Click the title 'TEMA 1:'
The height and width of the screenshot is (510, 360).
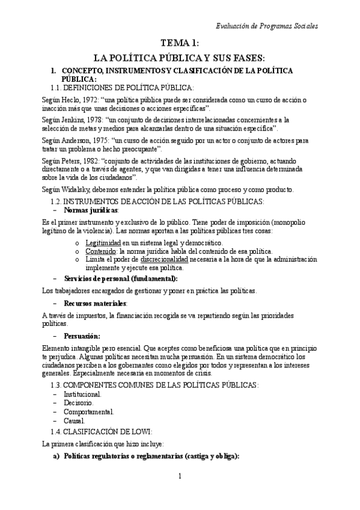coord(180,43)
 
